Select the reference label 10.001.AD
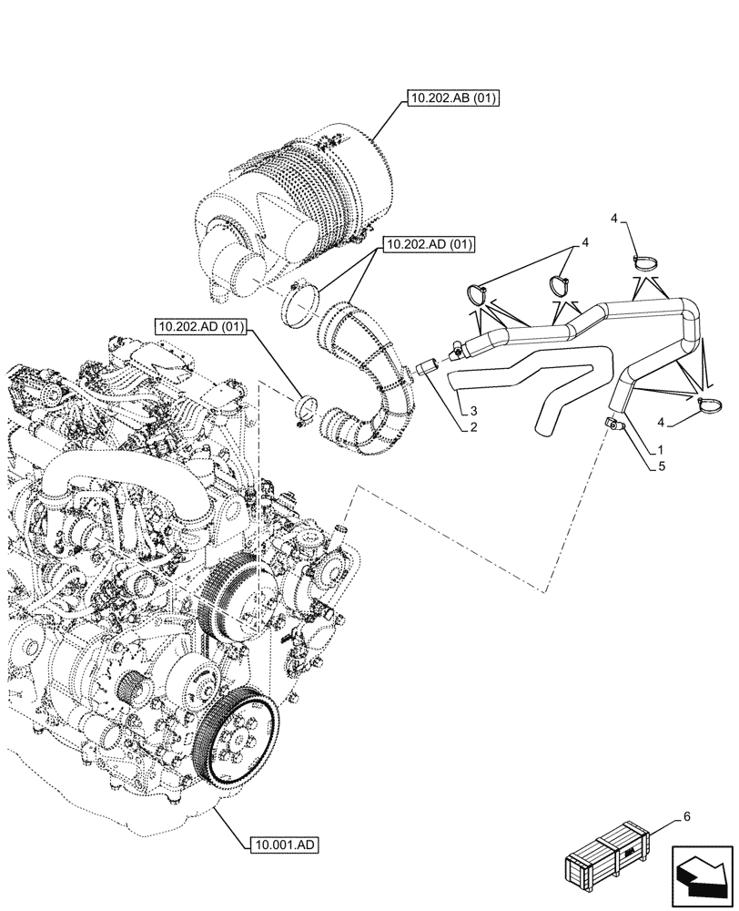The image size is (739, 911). pyautogui.click(x=282, y=844)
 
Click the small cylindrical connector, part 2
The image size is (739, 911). pyautogui.click(x=428, y=368)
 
